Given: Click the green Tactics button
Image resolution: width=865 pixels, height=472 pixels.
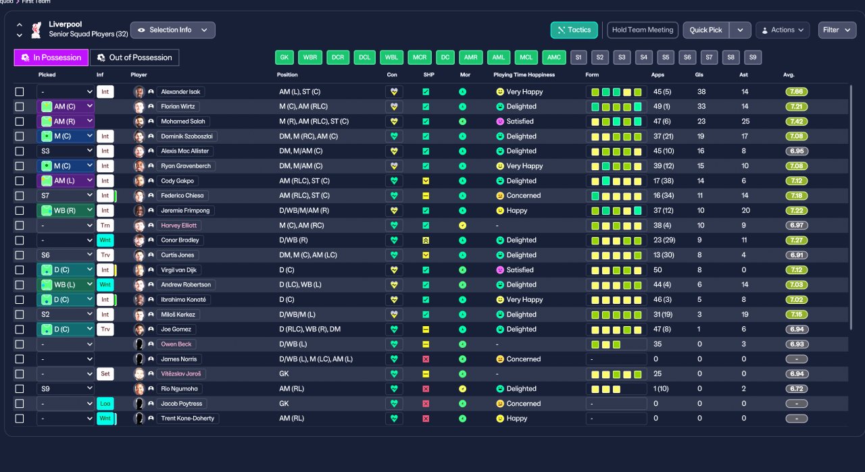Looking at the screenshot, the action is (574, 30).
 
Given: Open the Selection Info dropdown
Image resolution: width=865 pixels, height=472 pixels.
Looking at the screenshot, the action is (172, 30).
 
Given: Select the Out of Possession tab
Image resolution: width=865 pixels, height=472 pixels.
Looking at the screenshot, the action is (134, 57).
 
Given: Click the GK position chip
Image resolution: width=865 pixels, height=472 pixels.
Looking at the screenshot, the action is (285, 57).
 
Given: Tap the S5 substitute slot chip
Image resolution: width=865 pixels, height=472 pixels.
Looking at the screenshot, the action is (666, 57).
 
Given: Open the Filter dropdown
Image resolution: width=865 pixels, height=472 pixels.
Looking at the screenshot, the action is (837, 30).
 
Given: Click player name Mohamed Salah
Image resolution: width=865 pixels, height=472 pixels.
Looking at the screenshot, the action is (183, 121).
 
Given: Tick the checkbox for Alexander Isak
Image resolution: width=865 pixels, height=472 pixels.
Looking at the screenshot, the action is (20, 92).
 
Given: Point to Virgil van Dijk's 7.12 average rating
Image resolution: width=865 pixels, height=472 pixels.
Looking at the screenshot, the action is (796, 270).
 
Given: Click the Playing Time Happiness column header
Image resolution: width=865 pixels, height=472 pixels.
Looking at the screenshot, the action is (524, 75).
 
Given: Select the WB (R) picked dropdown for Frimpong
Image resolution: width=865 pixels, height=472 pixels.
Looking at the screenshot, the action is (66, 210).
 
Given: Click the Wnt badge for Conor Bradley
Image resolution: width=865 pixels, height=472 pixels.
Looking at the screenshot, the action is (105, 240).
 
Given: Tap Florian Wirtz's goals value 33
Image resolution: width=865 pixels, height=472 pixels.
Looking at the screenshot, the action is (701, 107).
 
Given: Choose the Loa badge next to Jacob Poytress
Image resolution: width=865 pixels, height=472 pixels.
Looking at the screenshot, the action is (105, 404).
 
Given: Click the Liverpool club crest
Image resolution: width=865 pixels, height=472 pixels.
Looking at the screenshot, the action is (36, 30).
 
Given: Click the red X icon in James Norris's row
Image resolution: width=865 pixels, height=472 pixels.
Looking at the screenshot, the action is (426, 359).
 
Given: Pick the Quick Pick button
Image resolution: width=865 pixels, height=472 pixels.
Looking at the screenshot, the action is (706, 30).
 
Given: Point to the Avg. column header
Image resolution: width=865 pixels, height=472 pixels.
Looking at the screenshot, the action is (789, 75).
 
